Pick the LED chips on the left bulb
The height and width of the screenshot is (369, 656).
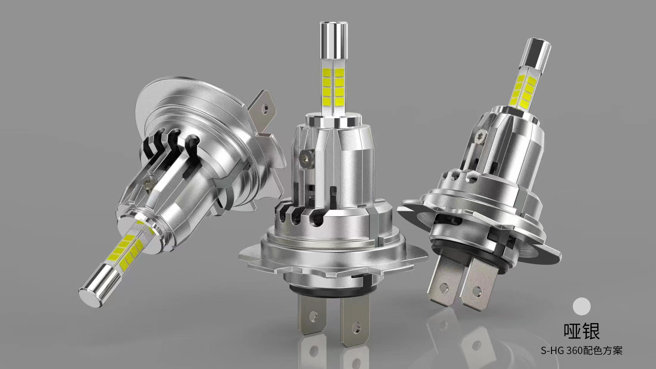point(130,248)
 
